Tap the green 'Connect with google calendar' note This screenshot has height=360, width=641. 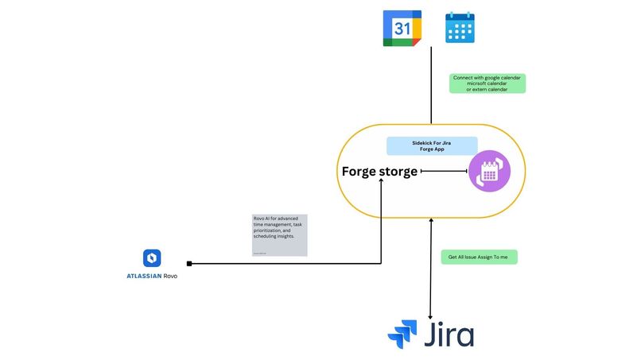[x=488, y=83]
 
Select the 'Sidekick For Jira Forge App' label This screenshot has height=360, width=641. [x=432, y=145]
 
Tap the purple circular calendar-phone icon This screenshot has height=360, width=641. [x=488, y=171]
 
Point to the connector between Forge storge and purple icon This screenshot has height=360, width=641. [x=443, y=171]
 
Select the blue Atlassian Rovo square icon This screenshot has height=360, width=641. [x=152, y=258]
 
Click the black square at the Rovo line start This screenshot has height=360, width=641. [x=189, y=263]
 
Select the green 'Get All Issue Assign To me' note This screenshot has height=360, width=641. [x=478, y=257]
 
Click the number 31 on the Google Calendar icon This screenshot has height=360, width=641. [x=402, y=28]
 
